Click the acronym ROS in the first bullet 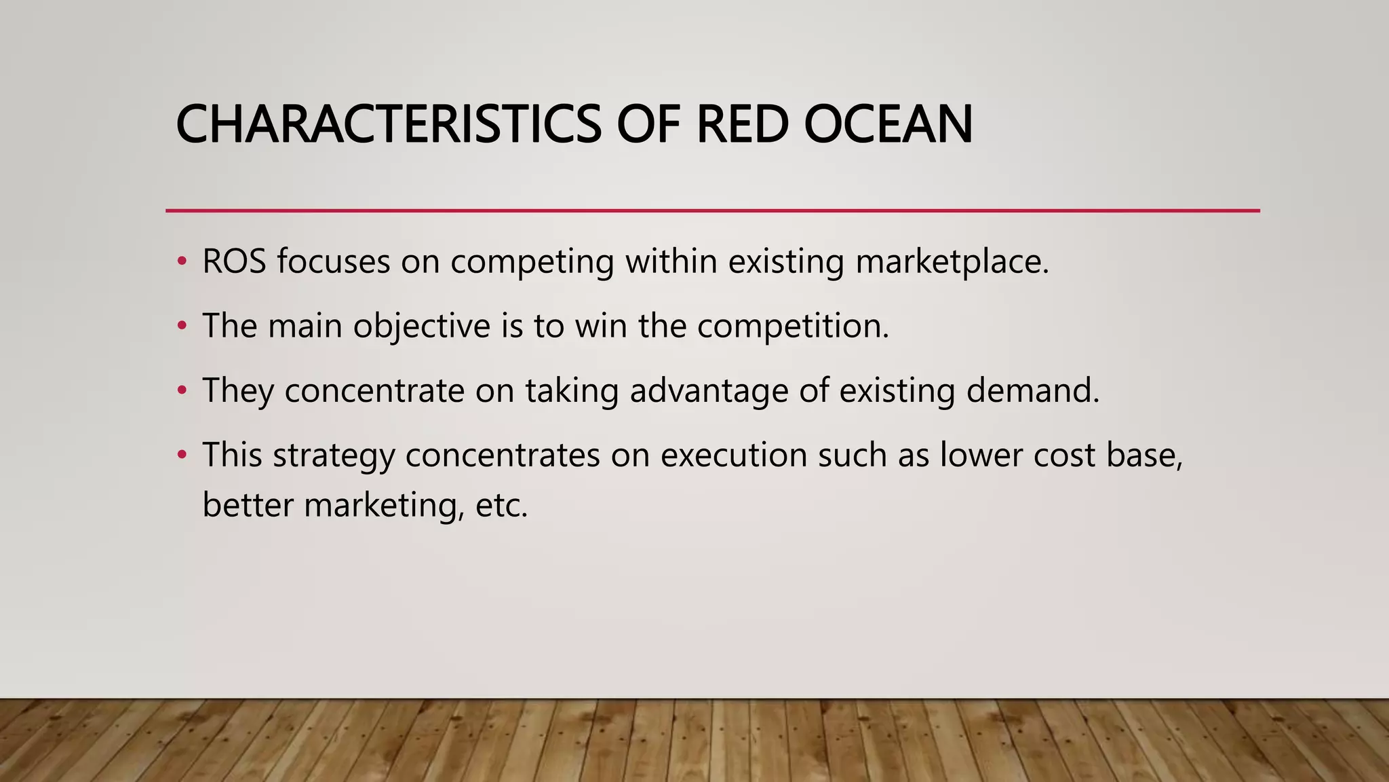234,261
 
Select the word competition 792,326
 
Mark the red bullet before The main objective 181,326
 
